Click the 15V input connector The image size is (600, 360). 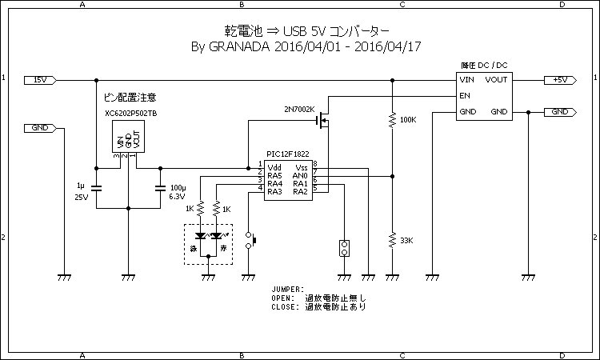click(x=39, y=80)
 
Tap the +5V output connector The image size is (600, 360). click(x=559, y=80)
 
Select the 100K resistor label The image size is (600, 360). click(x=407, y=120)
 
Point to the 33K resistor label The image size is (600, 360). click(x=406, y=241)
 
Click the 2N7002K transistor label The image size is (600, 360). click(x=299, y=109)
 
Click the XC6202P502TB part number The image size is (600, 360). click(x=131, y=114)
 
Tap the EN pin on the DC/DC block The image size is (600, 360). click(x=464, y=95)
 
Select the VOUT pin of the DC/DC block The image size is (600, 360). click(x=496, y=80)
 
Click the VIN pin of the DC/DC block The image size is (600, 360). click(x=466, y=80)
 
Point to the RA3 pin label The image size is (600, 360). click(x=274, y=191)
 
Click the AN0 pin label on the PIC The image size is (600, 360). click(x=301, y=175)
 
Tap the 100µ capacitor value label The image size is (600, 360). click(x=178, y=187)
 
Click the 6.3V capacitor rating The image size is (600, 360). click(x=177, y=197)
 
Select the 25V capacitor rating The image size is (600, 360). click(x=81, y=197)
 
